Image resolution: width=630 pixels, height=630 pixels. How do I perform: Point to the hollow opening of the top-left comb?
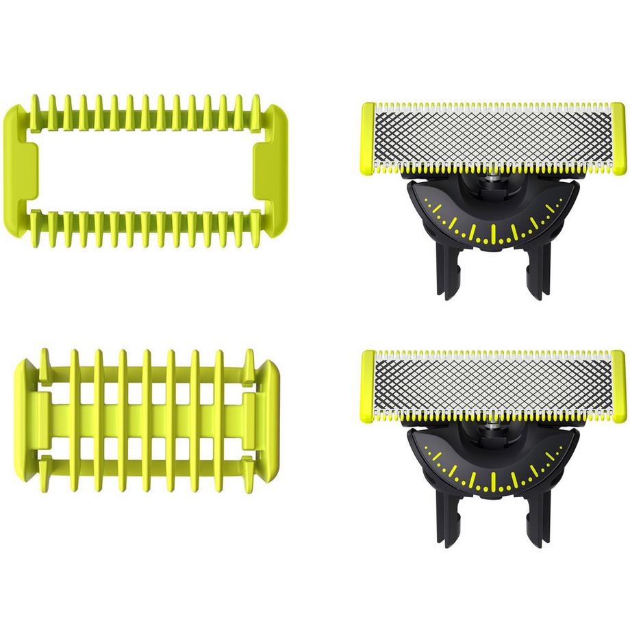tap(145, 170)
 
